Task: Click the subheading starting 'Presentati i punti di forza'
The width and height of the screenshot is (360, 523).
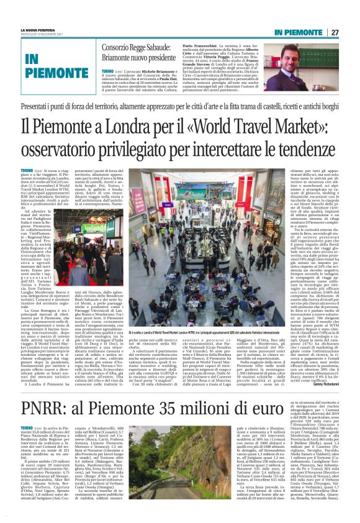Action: coord(180,107)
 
